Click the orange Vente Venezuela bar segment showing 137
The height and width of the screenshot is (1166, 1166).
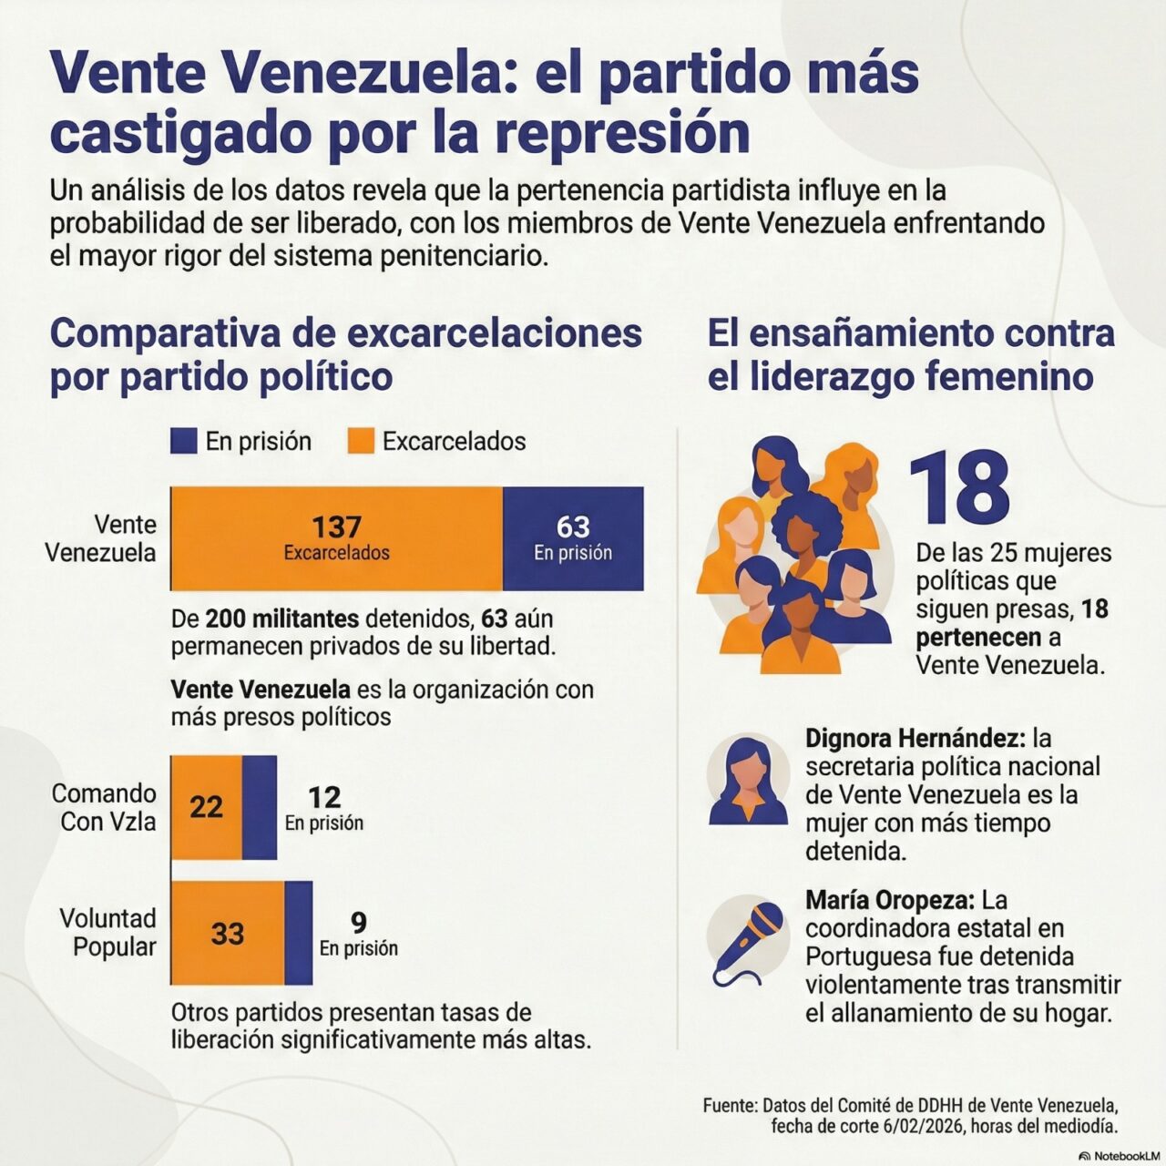point(336,538)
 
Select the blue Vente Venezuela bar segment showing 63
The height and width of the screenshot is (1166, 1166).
point(573,538)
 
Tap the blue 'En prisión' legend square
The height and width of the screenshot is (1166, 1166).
point(183,441)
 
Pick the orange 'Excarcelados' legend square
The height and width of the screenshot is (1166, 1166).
point(362,441)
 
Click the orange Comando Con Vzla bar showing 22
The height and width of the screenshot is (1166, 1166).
point(207,807)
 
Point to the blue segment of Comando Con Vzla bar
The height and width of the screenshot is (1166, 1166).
point(260,807)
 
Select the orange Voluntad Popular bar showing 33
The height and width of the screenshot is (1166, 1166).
point(228,933)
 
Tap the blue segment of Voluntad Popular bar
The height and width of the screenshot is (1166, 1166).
point(298,933)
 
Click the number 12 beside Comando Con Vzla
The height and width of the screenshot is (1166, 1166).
point(324,797)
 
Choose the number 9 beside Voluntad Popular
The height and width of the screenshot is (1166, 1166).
point(359,923)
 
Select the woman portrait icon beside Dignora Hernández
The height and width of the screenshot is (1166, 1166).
point(749,782)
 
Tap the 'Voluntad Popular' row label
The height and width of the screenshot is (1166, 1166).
point(107,933)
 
